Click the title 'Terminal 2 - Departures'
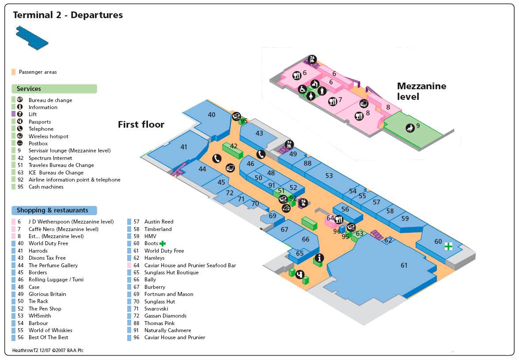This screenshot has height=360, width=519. (68, 15)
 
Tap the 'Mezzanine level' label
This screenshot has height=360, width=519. (421, 91)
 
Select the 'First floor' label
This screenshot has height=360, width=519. (141, 125)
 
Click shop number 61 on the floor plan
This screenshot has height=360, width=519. (404, 265)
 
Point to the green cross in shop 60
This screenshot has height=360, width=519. (449, 246)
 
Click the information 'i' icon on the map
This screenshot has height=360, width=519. (319, 258)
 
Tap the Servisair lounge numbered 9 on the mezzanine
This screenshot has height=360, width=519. (417, 125)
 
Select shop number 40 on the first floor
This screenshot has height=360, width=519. (212, 114)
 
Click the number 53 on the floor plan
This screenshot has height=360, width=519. (329, 175)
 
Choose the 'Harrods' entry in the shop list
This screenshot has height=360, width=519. (38, 251)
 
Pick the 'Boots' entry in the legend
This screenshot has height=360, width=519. (151, 243)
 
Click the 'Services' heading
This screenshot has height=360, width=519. (29, 89)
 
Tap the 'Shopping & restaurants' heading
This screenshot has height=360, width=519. (52, 210)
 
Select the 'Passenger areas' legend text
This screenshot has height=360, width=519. (38, 72)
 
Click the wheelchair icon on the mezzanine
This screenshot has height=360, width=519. (303, 89)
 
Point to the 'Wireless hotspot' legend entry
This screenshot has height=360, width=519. (48, 136)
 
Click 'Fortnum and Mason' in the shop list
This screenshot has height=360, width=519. (169, 294)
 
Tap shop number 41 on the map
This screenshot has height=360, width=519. (184, 147)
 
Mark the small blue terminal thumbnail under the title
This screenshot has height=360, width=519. (32, 38)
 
